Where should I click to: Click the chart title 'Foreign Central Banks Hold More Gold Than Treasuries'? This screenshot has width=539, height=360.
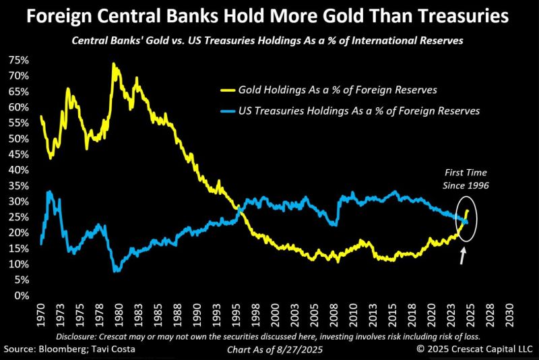tap(269, 15)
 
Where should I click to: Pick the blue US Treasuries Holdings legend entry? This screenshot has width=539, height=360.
tap(351, 111)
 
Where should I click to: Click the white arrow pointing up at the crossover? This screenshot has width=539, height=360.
tap(463, 254)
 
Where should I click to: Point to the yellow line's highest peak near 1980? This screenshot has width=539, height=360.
tap(113, 64)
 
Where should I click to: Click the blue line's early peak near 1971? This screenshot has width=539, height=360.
tap(49, 192)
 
